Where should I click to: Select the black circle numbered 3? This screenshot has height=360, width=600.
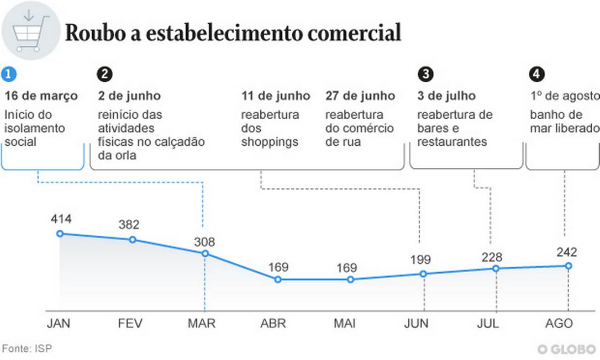point(425,74)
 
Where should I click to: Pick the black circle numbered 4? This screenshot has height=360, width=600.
point(536,74)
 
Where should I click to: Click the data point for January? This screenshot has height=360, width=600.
point(60,234)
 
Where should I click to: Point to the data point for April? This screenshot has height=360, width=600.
point(278,279)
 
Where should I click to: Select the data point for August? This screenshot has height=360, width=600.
point(568,266)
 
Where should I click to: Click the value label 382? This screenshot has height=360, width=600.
point(129,225)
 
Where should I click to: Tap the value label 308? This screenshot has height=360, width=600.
point(204,242)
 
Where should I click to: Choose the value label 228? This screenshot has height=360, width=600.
point(492,257)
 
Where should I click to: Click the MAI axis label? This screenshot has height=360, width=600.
point(345,323)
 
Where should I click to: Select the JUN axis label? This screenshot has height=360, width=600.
point(416,323)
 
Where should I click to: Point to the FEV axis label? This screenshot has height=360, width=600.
point(130,323)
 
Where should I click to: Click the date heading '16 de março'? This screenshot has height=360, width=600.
point(41,96)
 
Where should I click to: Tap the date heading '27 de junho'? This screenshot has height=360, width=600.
point(360,96)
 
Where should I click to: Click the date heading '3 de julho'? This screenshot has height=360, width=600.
point(446,96)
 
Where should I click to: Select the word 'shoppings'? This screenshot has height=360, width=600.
point(270,142)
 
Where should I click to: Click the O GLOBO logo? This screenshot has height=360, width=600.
point(566,349)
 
